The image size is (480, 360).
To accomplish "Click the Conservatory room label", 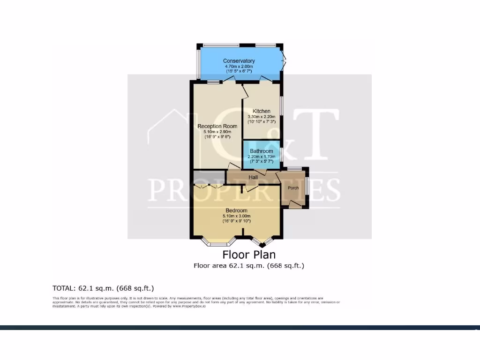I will pyautogui.click(x=239, y=61).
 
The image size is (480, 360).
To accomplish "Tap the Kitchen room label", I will pyautogui.click(x=262, y=111).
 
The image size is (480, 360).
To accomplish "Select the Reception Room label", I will pyautogui.click(x=217, y=126).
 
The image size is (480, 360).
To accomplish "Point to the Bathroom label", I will pyautogui.click(x=261, y=151).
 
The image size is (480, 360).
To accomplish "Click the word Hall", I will pyautogui.click(x=253, y=177).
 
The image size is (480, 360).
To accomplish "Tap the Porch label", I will pyautogui.click(x=293, y=188).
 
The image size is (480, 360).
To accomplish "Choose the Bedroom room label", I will pyautogui.click(x=236, y=210).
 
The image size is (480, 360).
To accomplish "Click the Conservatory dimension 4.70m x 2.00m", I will pyautogui.click(x=239, y=67).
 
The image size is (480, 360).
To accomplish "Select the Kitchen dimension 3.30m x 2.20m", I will pyautogui.click(x=262, y=116).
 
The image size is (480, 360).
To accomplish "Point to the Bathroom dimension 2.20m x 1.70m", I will pyautogui.click(x=261, y=156).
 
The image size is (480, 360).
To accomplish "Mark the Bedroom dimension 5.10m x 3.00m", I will pyautogui.click(x=236, y=216).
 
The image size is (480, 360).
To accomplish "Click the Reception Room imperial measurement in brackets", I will pyautogui.click(x=217, y=137).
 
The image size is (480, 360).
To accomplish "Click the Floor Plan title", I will pyautogui.click(x=249, y=255).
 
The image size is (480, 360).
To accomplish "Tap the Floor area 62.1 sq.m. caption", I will pyautogui.click(x=249, y=265).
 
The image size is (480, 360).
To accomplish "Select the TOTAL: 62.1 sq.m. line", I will pyautogui.click(x=103, y=288).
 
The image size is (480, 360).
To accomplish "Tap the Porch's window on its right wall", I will pyautogui.click(x=307, y=185).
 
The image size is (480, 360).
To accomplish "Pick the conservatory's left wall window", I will pyautogui.click(x=198, y=64).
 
